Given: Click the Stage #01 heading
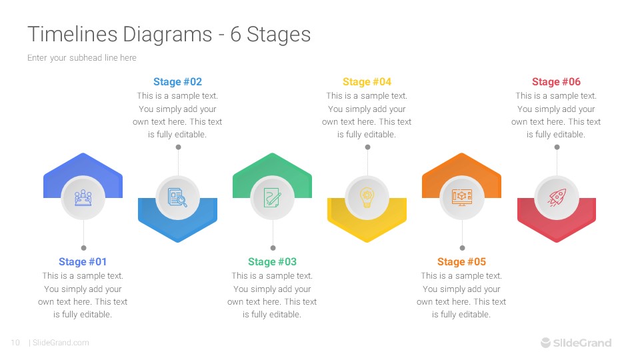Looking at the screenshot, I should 83,262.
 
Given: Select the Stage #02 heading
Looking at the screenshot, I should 177,82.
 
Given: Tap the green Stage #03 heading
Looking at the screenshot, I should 272,262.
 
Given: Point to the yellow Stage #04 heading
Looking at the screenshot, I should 367,82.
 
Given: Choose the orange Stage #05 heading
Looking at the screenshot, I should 461,262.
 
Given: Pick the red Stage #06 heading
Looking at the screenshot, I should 556,82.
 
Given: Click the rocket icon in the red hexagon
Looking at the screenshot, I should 557,197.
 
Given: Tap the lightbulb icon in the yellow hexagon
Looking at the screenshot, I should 367,197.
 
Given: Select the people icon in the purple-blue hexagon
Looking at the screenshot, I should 83,197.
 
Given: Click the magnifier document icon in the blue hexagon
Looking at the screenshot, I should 177,197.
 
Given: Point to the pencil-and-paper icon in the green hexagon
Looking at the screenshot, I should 272,197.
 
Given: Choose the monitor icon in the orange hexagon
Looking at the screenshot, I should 461,197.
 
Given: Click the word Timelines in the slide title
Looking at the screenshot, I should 72,34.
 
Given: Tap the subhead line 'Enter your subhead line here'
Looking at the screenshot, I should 82,58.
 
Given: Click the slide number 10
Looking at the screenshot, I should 15,343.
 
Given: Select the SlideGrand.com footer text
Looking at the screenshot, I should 61,343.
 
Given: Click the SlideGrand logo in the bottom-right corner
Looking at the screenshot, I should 575,343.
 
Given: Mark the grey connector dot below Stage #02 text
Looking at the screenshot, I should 178,147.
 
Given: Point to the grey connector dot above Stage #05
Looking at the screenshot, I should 462,247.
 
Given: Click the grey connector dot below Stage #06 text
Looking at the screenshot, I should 557,147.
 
